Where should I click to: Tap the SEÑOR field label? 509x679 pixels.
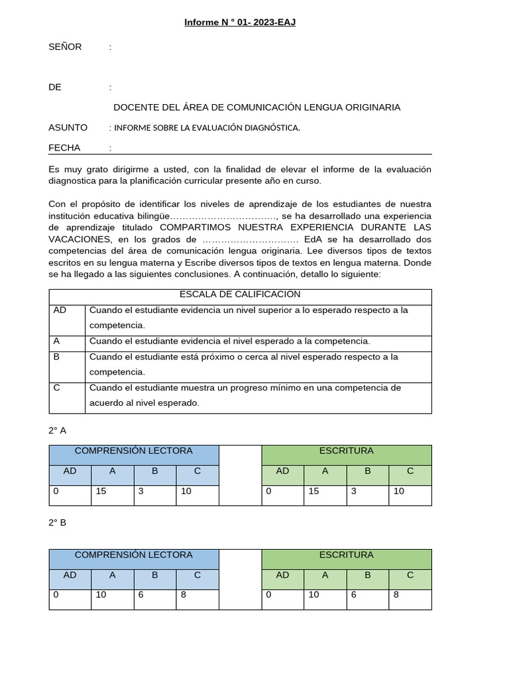tap(65, 46)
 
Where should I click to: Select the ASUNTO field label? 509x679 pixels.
tap(68, 127)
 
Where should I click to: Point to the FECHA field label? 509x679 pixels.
tap(64, 148)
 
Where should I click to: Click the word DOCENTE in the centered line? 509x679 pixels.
tap(136, 107)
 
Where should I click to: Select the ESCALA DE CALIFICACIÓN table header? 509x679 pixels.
tap(240, 294)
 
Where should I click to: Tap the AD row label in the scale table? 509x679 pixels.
tap(60, 310)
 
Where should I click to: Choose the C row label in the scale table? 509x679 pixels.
tap(56, 388)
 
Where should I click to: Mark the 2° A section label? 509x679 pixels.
tap(58, 430)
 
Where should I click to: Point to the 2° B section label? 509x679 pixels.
tap(58, 523)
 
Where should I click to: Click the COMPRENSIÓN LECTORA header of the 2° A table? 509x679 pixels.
tap(134, 451)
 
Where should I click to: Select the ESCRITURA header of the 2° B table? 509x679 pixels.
tap(347, 555)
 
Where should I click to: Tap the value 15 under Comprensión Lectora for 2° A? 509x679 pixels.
tap(101, 491)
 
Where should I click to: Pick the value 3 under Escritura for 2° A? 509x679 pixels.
tap(354, 491)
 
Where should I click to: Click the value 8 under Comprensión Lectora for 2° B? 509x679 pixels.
tap(183, 595)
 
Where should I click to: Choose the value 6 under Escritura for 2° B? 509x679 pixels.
tap(354, 595)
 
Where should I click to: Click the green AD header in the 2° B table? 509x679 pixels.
tap(283, 575)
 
